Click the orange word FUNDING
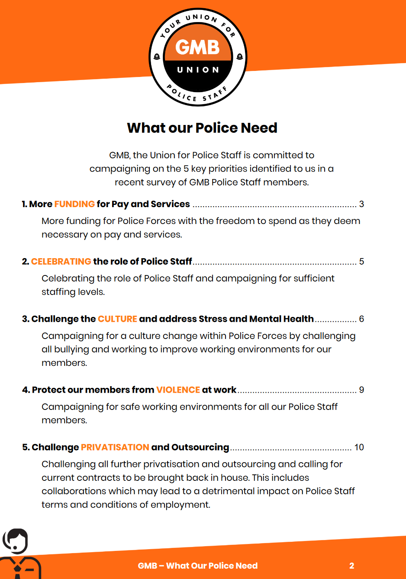(74, 204)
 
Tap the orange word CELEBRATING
(61, 262)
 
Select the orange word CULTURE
(117, 319)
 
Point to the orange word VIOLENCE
(178, 390)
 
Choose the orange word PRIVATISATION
(115, 448)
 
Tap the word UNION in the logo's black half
(198, 70)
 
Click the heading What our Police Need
(202, 128)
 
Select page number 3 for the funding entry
(361, 204)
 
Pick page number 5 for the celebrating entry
(361, 262)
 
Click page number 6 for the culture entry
(361, 319)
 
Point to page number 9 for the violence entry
(361, 390)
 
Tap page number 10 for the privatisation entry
(359, 448)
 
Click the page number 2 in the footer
(352, 566)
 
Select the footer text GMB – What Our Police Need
(198, 566)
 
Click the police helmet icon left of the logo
(157, 57)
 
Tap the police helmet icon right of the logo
(239, 57)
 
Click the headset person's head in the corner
(16, 541)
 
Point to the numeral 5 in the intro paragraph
(186, 169)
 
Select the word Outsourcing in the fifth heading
(200, 448)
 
